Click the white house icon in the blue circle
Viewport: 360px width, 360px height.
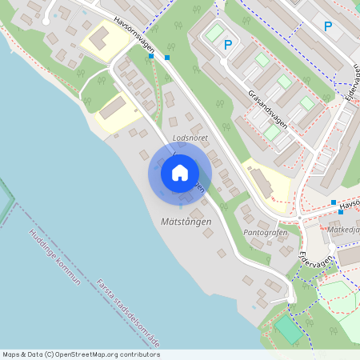180,173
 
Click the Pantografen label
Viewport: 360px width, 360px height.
265,233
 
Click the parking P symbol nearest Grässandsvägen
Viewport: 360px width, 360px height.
228,45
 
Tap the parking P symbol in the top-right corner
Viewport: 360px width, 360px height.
328,26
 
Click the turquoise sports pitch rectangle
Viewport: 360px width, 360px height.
288,329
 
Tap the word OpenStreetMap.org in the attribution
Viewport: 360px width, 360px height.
87,354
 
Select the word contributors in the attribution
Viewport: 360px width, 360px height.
140,354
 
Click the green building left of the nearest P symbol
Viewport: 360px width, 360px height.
214,33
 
